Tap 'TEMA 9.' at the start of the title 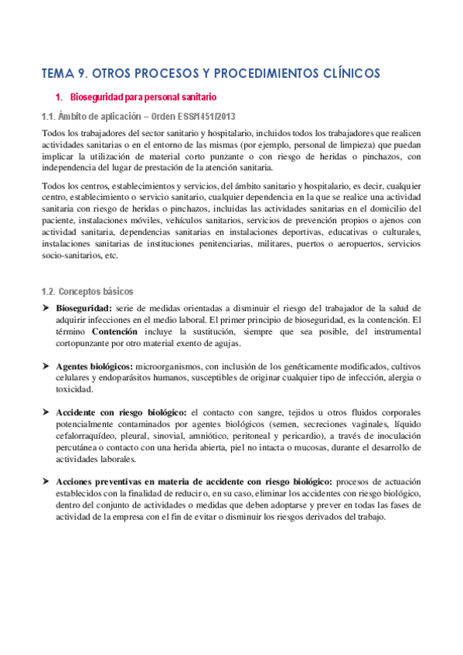pyautogui.click(x=64, y=73)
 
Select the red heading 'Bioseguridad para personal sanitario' pyautogui.click(x=144, y=97)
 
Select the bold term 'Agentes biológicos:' pyautogui.click(x=94, y=365)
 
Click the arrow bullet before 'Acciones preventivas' pyautogui.click(x=46, y=481)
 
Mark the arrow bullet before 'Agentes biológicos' pyautogui.click(x=46, y=365)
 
